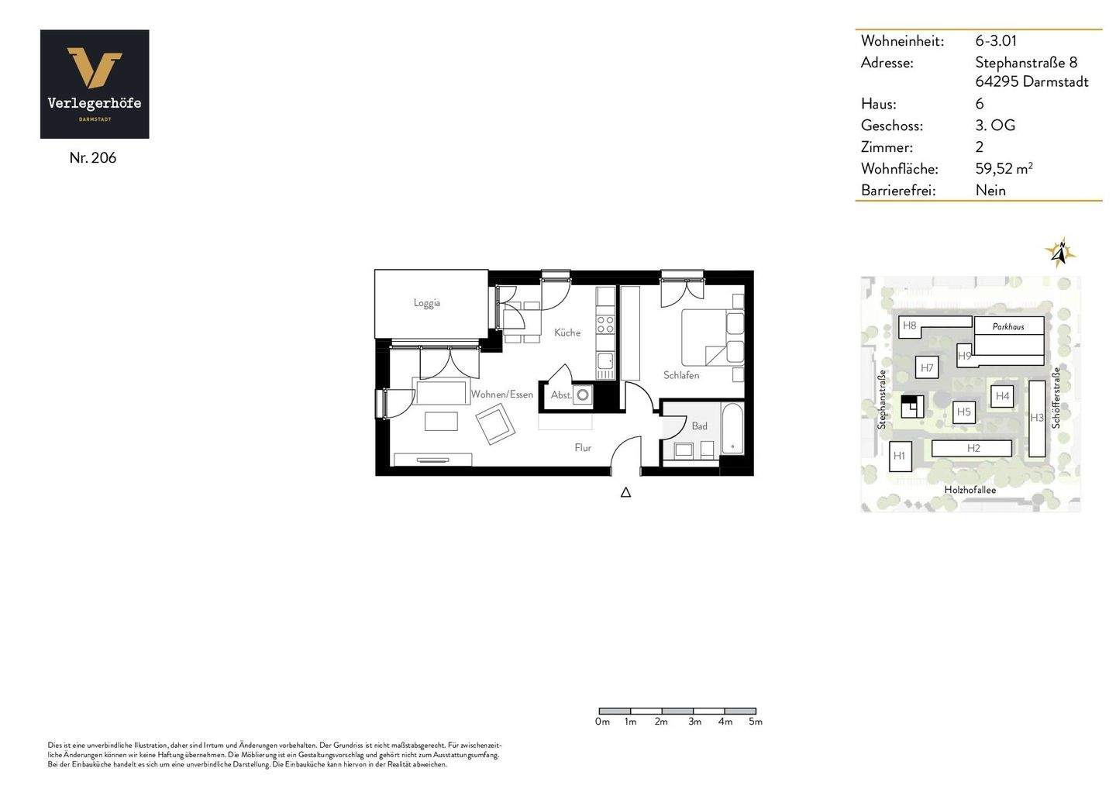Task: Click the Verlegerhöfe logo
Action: tap(95, 84)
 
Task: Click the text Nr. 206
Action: tap(92, 157)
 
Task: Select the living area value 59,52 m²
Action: tap(1004, 168)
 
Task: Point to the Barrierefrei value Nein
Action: tap(990, 190)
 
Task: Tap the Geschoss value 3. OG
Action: tap(995, 125)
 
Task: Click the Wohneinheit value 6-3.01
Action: tap(996, 40)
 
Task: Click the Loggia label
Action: tap(427, 303)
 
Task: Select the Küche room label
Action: tap(567, 332)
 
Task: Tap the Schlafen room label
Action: tap(681, 375)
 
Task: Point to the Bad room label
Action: tap(699, 426)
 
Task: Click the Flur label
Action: tap(583, 447)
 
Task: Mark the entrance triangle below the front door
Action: tap(625, 492)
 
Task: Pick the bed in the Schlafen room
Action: tap(712, 337)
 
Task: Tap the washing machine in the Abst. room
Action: tap(582, 395)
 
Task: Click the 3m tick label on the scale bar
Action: tap(694, 722)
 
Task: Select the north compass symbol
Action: tap(1061, 253)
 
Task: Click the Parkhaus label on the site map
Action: tap(1008, 326)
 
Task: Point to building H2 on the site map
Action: tap(973, 448)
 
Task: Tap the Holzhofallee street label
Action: tap(970, 490)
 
